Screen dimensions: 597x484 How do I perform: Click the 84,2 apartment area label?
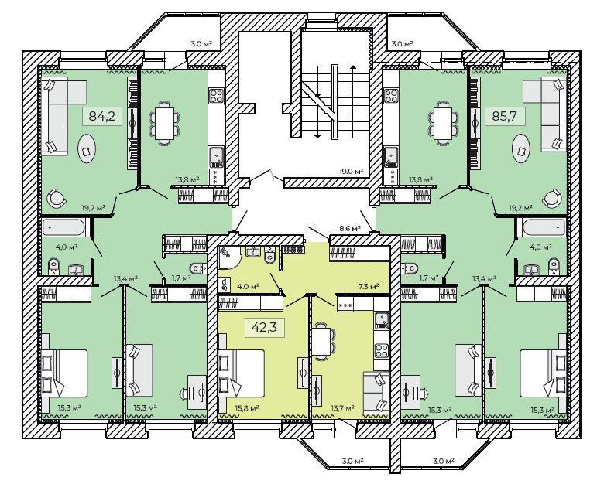coord(101,115)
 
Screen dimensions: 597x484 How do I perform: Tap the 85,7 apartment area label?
coord(505,115)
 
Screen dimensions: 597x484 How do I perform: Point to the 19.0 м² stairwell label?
coord(351,171)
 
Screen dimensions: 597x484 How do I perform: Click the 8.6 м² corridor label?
coord(348,229)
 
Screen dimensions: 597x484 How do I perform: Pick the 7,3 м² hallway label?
coord(367,286)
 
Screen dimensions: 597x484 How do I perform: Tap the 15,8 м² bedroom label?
coord(247,408)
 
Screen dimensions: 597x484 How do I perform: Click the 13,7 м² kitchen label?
coord(342,408)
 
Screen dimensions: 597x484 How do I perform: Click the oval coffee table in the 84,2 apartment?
coord(87,150)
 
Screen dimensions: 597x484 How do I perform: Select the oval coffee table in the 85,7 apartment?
coord(522,150)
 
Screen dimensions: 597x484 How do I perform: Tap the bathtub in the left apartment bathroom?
coord(63,228)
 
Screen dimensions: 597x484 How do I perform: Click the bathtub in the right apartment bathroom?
coord(544,228)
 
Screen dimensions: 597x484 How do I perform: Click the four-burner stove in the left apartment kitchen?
coord(217,95)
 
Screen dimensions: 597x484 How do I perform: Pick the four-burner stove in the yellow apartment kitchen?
coord(382,350)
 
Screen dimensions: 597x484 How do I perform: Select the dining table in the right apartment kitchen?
coord(442,123)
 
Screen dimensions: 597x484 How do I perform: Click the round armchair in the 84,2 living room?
coord(57,198)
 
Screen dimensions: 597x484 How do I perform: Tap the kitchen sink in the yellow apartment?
coord(382,321)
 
